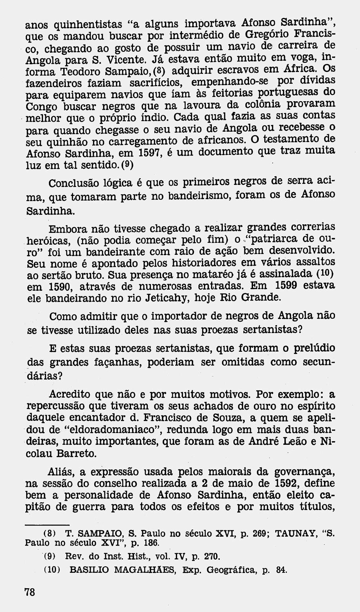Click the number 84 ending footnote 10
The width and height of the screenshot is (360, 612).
tap(281, 570)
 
